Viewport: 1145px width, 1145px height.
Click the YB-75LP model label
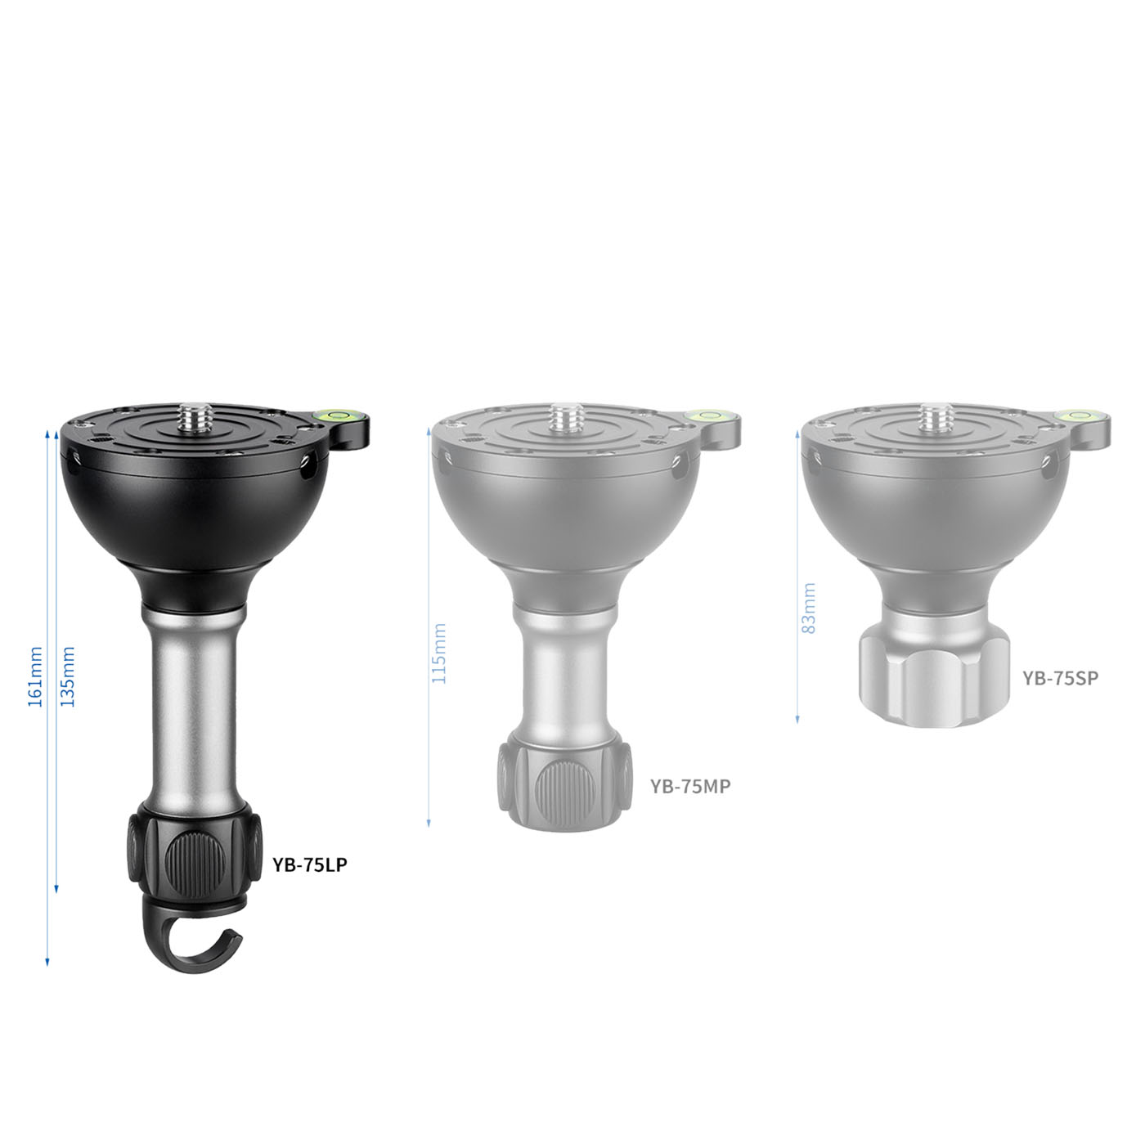310,864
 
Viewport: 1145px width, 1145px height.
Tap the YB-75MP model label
689,786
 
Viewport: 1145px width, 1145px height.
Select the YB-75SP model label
1061,678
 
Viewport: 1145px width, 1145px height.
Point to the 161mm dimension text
36,677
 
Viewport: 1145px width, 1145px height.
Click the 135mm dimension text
68,677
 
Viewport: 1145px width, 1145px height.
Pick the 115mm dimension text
438,653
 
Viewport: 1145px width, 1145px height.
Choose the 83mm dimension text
808,599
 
